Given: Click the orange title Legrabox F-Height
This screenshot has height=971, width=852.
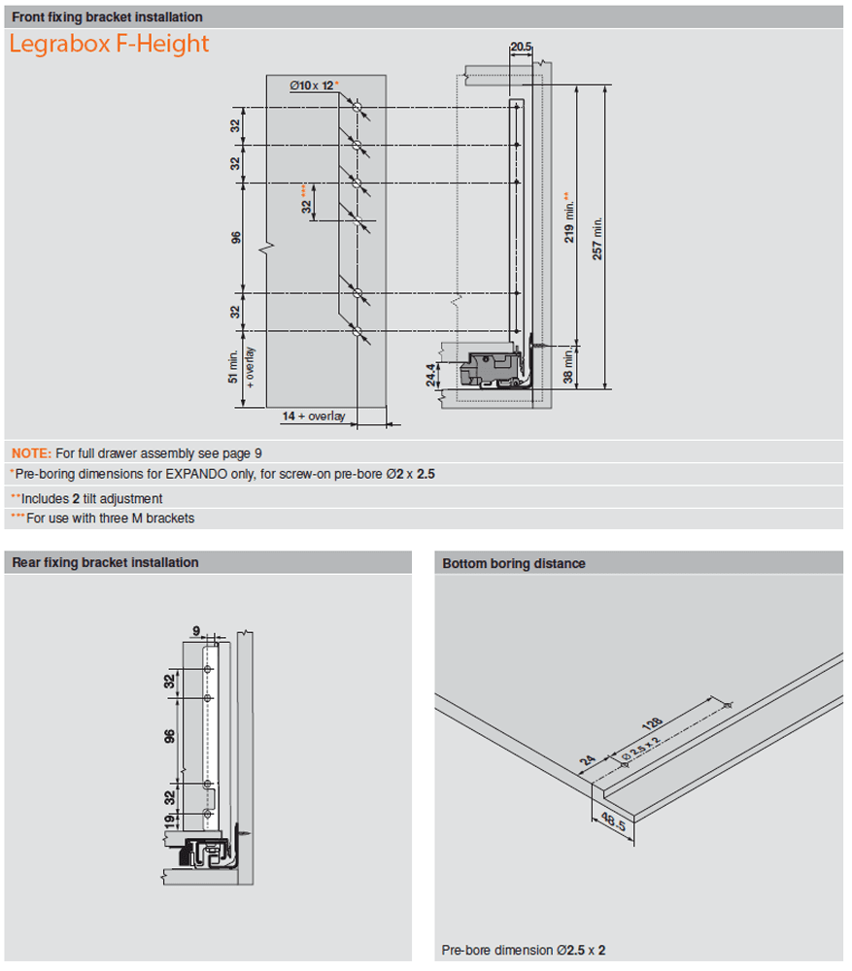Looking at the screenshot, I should click(x=108, y=45).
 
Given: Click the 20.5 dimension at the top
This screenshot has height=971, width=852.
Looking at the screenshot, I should click(x=520, y=47).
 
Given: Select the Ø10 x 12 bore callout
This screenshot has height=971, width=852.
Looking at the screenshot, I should click(x=311, y=86).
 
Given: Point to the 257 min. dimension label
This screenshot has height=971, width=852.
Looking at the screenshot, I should click(x=598, y=237).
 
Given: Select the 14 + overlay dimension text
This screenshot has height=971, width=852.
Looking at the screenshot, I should click(x=314, y=416).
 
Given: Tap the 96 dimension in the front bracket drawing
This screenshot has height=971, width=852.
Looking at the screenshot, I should click(x=236, y=237).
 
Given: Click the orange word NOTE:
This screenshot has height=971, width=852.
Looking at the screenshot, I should click(x=31, y=452).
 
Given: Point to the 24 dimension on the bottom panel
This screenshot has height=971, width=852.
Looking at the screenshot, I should click(x=588, y=763).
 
